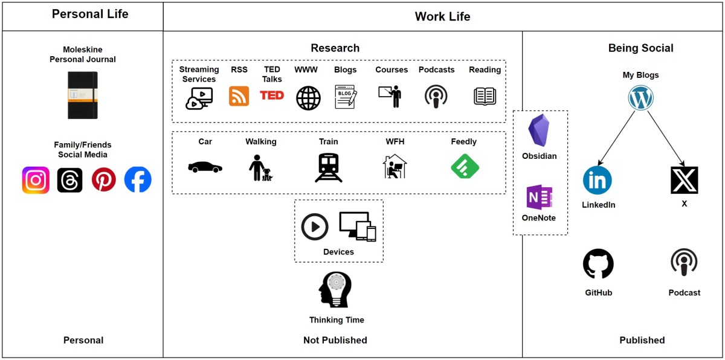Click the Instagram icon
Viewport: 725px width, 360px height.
(x=36, y=180)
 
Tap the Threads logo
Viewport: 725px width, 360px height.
(x=69, y=180)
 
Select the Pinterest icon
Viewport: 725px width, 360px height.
(x=103, y=180)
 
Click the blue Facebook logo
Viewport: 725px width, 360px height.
(x=138, y=180)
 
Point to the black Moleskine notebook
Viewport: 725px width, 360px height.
(x=83, y=95)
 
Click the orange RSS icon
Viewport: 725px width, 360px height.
(x=239, y=96)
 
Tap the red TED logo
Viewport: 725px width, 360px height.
(x=272, y=95)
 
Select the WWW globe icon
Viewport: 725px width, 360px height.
(x=308, y=97)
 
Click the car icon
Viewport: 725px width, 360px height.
(x=205, y=167)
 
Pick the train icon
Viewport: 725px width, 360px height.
(x=329, y=167)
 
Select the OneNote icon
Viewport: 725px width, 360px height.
(x=539, y=198)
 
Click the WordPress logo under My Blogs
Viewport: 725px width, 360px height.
(x=641, y=97)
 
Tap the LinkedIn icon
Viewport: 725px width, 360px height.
(x=598, y=180)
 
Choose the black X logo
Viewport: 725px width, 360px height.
(x=684, y=180)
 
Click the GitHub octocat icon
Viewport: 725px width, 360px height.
(x=598, y=264)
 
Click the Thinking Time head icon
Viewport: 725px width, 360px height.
(x=335, y=290)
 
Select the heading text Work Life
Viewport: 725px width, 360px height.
(x=442, y=17)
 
